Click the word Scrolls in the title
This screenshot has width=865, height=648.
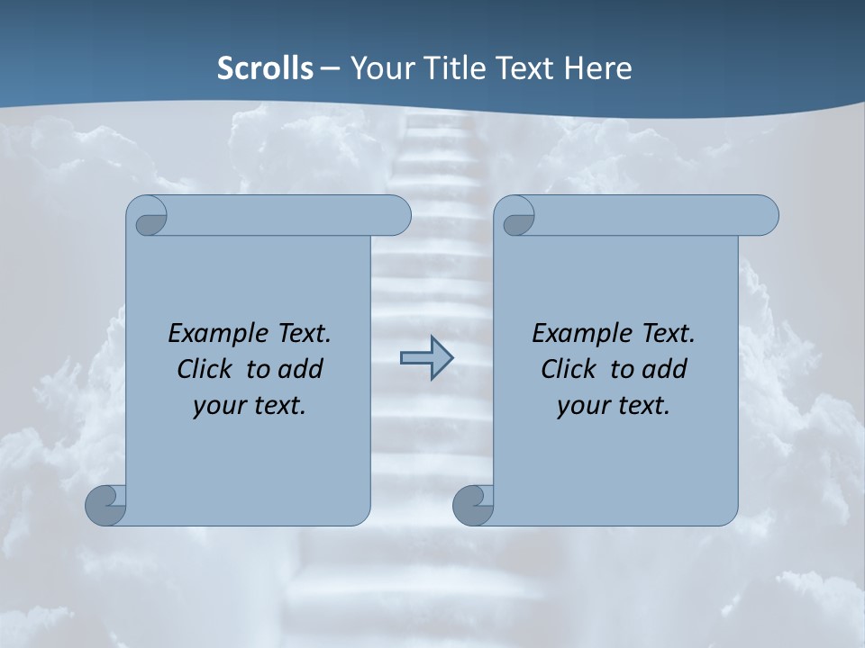click(265, 67)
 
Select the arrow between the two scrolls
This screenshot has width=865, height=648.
click(426, 358)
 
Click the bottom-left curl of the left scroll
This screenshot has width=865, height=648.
click(105, 506)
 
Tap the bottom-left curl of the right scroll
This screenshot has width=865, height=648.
click(473, 506)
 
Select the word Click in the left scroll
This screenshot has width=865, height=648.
click(204, 369)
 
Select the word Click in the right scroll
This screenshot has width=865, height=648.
click(568, 369)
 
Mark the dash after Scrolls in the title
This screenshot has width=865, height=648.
click(330, 68)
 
